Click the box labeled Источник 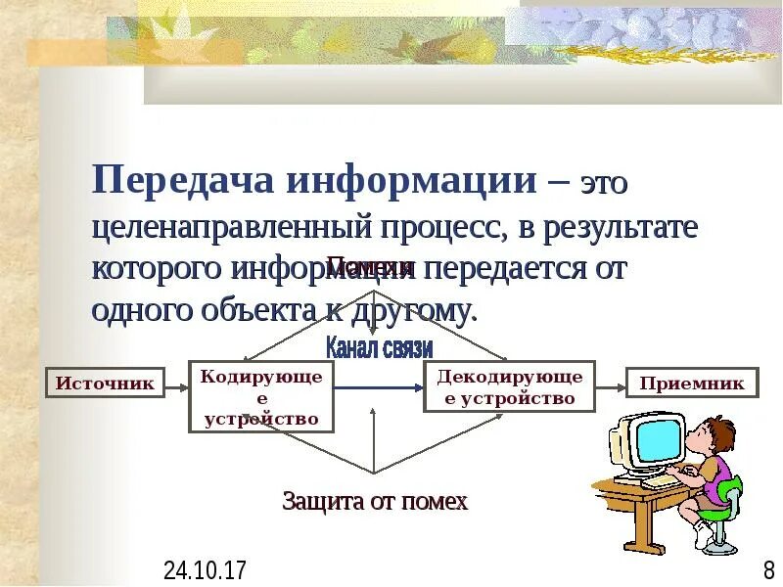(x=105, y=384)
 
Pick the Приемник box (x=691, y=384)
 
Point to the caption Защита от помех (x=375, y=502)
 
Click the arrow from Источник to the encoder (x=176, y=385)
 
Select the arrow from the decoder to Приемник (x=610, y=385)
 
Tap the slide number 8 (x=768, y=569)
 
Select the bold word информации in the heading (x=408, y=180)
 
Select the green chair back (x=728, y=489)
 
